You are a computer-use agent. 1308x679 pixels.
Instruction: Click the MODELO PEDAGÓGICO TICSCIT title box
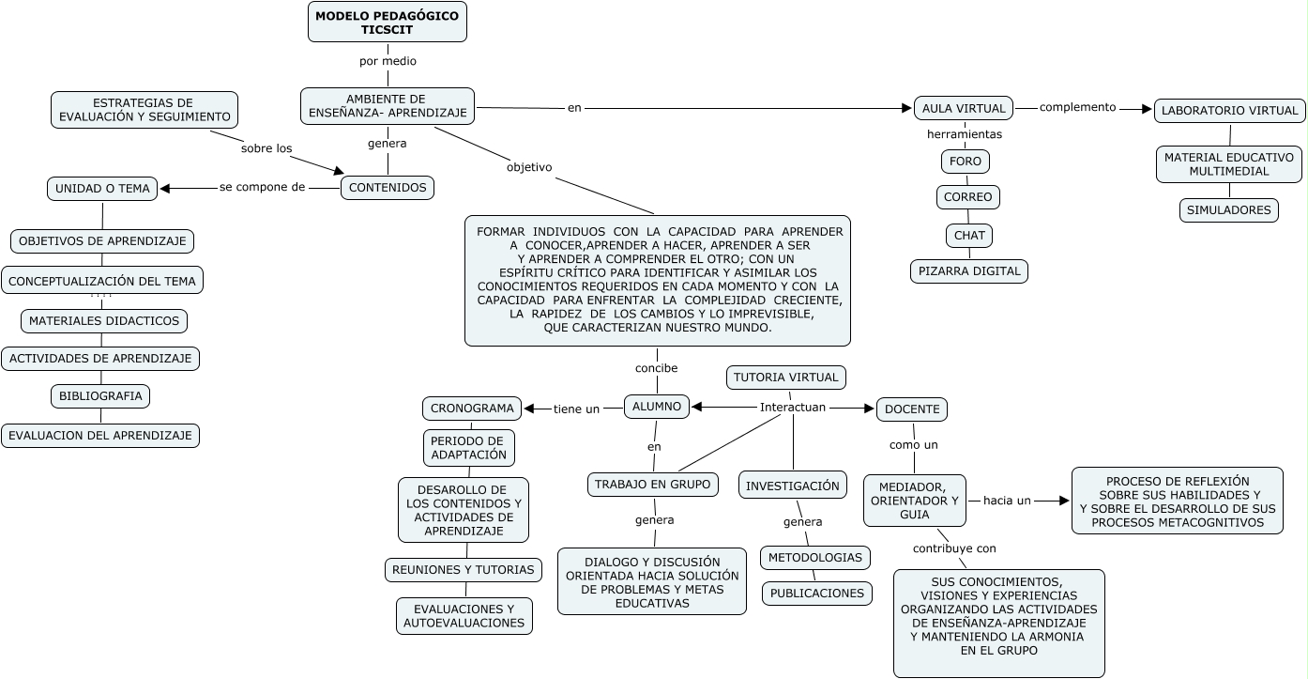(388, 22)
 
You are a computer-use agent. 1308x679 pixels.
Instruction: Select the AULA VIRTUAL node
(964, 108)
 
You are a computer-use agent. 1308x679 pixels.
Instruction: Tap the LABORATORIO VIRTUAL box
(1229, 111)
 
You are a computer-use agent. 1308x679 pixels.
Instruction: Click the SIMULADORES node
(1228, 210)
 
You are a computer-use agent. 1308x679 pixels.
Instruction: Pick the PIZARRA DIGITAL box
(969, 271)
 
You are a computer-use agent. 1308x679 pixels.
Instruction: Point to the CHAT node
(969, 235)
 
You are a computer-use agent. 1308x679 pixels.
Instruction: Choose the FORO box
(966, 162)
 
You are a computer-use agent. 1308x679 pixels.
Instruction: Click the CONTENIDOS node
(388, 188)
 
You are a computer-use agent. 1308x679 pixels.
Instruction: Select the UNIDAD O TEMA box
(102, 189)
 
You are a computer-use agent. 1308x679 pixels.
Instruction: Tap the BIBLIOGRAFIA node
(100, 396)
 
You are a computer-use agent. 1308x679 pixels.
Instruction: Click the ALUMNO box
(657, 406)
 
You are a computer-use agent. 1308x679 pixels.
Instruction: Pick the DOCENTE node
(912, 409)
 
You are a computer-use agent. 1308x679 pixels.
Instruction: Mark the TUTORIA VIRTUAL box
(786, 378)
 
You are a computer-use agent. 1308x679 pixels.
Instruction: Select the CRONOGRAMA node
(472, 409)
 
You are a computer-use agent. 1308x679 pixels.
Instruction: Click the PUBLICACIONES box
(817, 594)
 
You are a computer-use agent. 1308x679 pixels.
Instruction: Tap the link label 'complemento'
(1078, 107)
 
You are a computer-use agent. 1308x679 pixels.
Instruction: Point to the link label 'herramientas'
(965, 134)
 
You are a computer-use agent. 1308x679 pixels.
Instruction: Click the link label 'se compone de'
(263, 187)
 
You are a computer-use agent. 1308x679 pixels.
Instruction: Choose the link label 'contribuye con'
(954, 548)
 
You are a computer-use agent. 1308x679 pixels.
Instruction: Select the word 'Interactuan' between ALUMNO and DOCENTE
(793, 408)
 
